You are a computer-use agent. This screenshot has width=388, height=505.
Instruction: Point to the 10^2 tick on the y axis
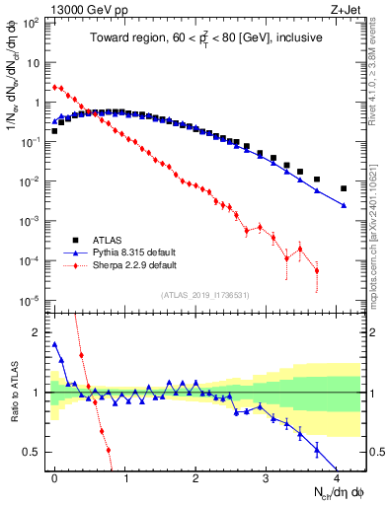tap(33, 22)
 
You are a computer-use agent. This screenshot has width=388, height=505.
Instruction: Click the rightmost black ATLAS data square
tap(344, 188)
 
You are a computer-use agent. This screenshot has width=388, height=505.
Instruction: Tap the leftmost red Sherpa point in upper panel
tap(54, 87)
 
